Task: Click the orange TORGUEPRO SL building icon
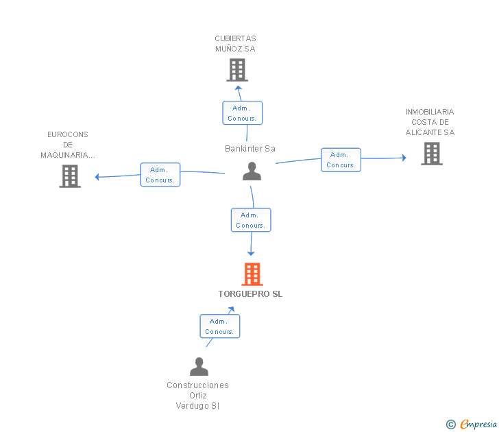click(252, 274)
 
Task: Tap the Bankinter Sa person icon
click(252, 171)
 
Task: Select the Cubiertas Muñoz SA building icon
click(237, 70)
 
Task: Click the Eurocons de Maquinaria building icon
click(70, 176)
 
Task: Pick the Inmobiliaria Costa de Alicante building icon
click(432, 154)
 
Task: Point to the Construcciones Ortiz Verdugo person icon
click(199, 366)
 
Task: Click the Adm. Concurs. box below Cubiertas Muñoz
click(243, 112)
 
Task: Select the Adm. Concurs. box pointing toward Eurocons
click(160, 174)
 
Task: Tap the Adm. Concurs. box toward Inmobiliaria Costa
click(341, 160)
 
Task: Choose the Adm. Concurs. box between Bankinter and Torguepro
click(251, 220)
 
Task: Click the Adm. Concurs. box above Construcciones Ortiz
click(220, 326)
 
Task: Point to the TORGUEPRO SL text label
click(250, 294)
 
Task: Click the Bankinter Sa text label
click(250, 149)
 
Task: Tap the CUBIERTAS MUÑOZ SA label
click(236, 44)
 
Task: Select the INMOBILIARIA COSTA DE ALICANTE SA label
click(430, 122)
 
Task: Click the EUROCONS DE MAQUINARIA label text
click(68, 145)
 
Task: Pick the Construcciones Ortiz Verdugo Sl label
click(197, 396)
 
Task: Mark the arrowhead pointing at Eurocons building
click(97, 177)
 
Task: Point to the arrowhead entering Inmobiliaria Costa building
click(404, 158)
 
